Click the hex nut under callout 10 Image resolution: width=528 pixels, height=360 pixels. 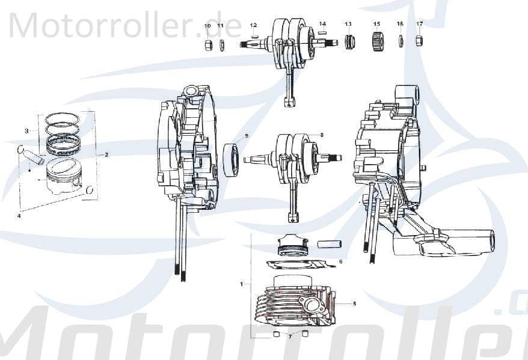(207, 46)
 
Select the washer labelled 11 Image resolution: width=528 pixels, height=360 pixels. (221, 45)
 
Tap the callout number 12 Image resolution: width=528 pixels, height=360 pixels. (253, 25)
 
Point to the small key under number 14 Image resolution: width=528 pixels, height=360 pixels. (323, 33)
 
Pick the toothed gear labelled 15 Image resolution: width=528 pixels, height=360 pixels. (378, 43)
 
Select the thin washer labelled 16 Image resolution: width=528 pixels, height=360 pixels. (401, 41)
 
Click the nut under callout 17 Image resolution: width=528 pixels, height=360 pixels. (420, 41)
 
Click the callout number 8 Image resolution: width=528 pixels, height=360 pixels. (322, 135)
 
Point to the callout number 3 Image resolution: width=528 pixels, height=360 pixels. (26, 130)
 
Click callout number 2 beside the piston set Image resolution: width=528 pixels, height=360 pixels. (106, 154)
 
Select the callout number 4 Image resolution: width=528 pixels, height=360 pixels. (19, 215)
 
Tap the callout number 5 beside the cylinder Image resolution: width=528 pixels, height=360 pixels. (354, 304)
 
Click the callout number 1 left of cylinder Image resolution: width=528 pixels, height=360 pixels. (241, 282)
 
